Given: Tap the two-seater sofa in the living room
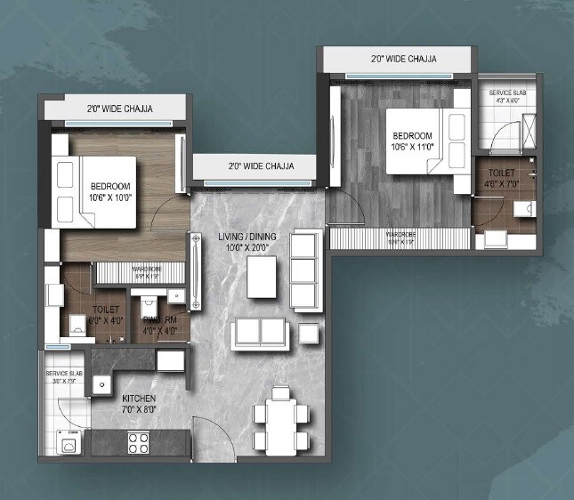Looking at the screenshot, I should pos(259,333).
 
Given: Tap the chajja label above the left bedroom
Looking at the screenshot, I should pos(118,109).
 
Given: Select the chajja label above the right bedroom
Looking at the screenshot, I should pos(404,60).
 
